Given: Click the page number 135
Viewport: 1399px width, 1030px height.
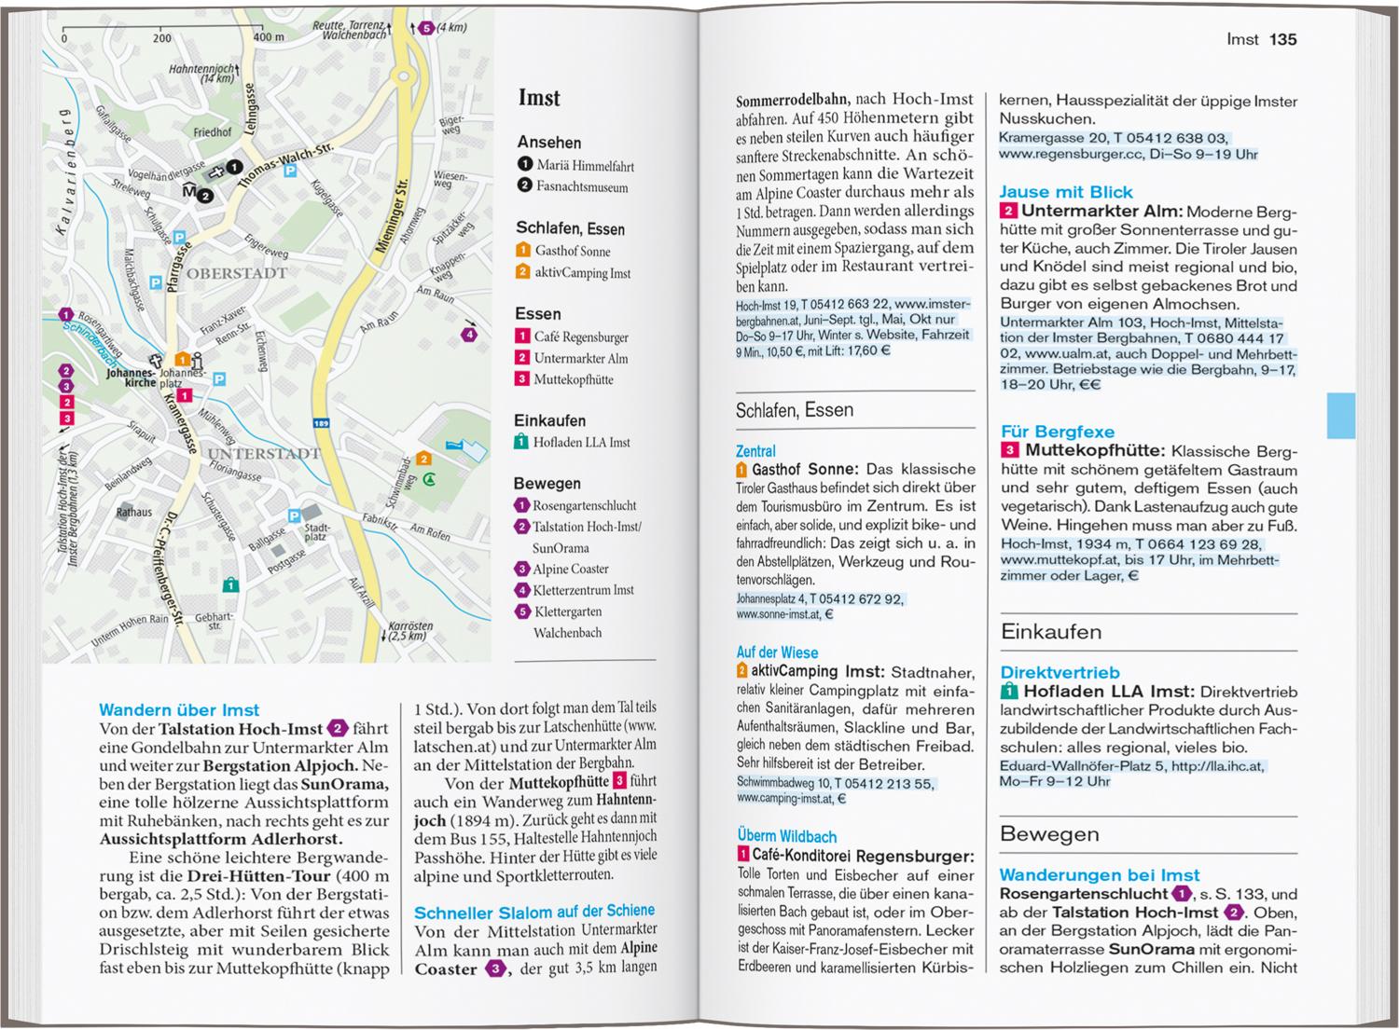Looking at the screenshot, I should click(1283, 39).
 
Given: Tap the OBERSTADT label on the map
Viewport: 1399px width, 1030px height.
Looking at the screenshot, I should click(236, 274).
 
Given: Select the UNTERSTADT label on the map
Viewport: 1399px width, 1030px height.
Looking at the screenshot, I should click(263, 454).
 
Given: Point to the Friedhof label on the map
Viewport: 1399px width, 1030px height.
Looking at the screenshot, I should click(212, 133).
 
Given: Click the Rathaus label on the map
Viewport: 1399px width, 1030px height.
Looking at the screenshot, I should click(134, 512).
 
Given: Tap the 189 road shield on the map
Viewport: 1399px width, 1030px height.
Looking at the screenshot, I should click(321, 424).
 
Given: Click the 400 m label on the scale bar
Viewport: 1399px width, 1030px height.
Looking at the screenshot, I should click(268, 38).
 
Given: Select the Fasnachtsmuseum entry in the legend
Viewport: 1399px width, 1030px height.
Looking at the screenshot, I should click(581, 186).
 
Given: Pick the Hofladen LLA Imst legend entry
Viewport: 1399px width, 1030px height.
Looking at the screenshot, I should click(581, 443).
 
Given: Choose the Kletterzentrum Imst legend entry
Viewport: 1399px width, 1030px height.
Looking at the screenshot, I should click(583, 590).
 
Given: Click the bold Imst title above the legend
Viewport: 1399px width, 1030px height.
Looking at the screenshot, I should click(539, 98).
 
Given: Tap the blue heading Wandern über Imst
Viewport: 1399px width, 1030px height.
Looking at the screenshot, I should click(179, 710).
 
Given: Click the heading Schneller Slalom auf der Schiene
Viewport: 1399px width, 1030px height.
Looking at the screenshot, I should click(534, 912).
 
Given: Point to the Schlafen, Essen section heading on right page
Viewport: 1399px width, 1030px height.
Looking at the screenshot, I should click(795, 409).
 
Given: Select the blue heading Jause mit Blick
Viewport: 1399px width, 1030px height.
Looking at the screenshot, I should click(1066, 192).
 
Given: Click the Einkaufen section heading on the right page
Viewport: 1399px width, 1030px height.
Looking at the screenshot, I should click(1051, 632).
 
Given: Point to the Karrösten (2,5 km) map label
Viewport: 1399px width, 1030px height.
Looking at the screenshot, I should click(409, 630).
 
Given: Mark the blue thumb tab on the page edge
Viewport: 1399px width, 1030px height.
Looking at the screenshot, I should click(1340, 416).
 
